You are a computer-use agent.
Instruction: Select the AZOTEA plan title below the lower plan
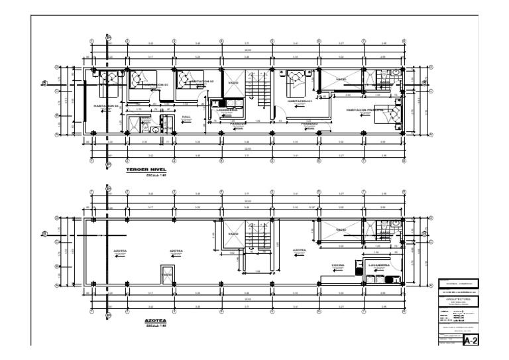pyautogui.click(x=154, y=320)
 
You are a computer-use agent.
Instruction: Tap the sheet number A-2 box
pyautogui.click(x=470, y=341)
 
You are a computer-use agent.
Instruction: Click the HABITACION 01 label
pyautogui.click(x=300, y=101)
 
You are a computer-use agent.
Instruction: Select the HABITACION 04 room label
pyautogui.click(x=105, y=105)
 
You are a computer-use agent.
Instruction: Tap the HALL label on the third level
pyautogui.click(x=186, y=117)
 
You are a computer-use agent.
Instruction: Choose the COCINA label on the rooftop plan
pyautogui.click(x=339, y=265)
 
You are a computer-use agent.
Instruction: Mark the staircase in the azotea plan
pyautogui.click(x=258, y=236)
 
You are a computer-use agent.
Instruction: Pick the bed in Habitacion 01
pyautogui.click(x=293, y=82)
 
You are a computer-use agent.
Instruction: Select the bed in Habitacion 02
pyautogui.click(x=192, y=80)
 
